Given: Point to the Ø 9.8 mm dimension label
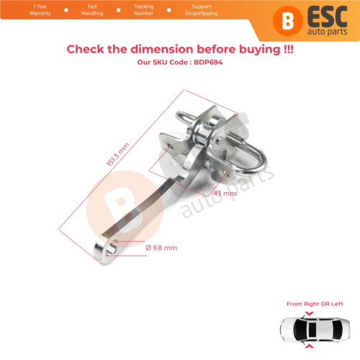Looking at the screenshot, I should (161, 248).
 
